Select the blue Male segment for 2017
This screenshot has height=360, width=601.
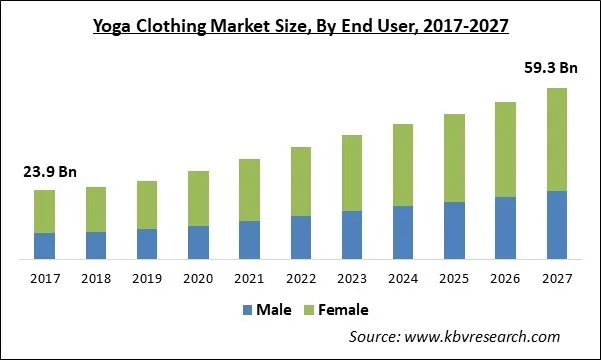[x=44, y=246]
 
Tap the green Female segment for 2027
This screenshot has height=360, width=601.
[x=558, y=139]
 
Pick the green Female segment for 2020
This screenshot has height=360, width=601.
[x=198, y=198]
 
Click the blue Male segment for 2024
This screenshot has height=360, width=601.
[x=403, y=233]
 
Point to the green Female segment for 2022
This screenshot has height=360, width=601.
[x=301, y=181]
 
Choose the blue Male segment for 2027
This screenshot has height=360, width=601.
[x=558, y=225]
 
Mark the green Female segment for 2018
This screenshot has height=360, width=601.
[x=96, y=209]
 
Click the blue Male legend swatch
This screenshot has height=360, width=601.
[x=246, y=310]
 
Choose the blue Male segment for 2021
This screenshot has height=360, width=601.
[x=250, y=240]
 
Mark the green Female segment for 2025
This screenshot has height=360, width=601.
[x=455, y=158]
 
